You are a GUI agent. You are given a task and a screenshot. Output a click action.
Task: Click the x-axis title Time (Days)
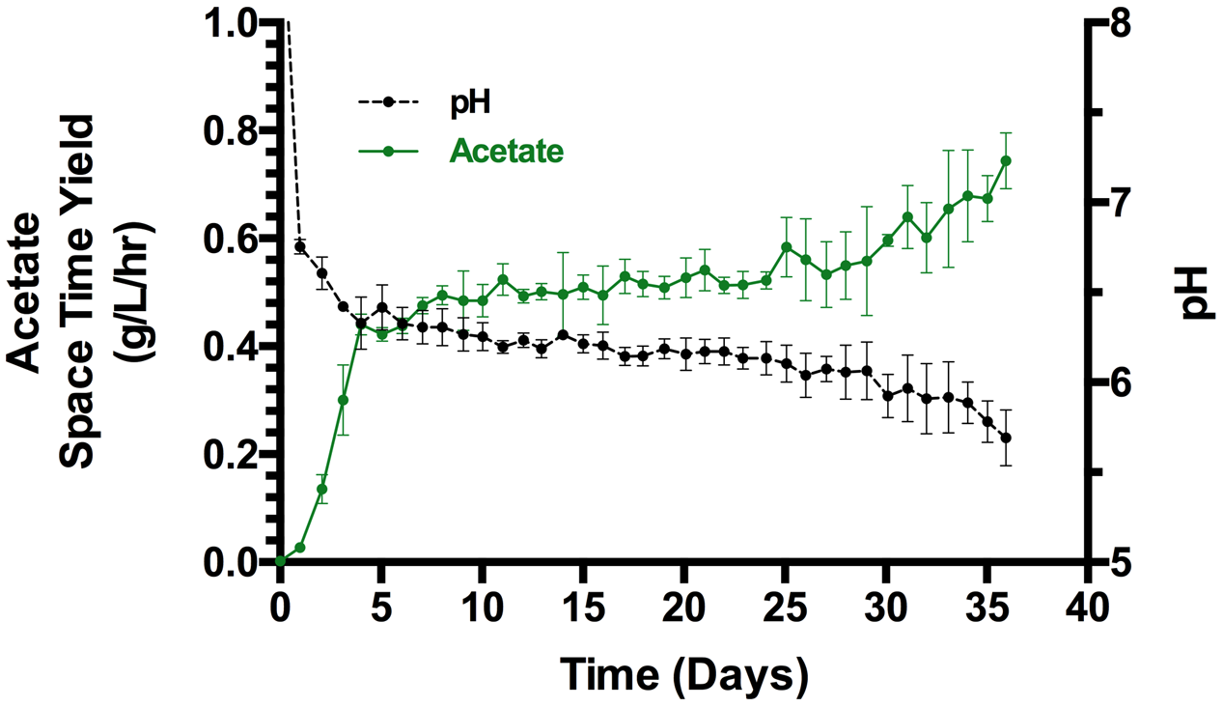pyautogui.click(x=684, y=672)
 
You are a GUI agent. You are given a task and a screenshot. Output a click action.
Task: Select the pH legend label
pyautogui.click(x=470, y=100)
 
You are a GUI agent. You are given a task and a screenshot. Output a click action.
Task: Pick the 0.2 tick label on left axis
pyautogui.click(x=229, y=454)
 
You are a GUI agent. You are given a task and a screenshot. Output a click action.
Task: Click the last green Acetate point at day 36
pyautogui.click(x=1006, y=160)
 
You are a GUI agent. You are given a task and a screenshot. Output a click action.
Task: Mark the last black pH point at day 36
pyautogui.click(x=1006, y=438)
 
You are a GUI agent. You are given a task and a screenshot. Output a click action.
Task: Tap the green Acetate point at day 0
pyautogui.click(x=280, y=561)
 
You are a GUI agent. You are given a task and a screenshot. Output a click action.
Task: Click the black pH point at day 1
pyautogui.click(x=300, y=246)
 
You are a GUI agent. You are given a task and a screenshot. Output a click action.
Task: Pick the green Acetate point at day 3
pyautogui.click(x=342, y=400)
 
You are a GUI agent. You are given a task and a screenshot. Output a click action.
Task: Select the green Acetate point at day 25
pyautogui.click(x=787, y=247)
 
